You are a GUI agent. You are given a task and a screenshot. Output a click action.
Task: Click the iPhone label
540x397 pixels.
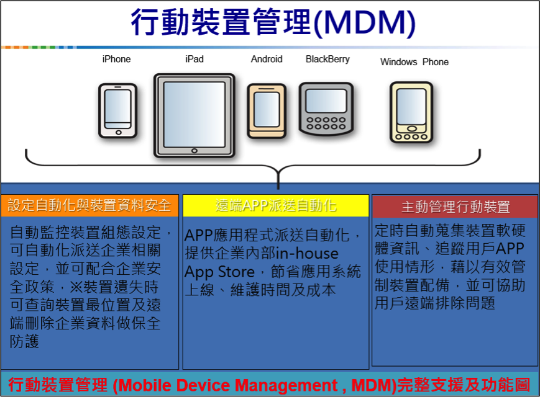pos(116,59)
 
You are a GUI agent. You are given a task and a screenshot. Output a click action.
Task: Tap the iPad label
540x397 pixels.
pos(194,59)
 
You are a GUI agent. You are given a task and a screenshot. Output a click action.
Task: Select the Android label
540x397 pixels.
pos(267,59)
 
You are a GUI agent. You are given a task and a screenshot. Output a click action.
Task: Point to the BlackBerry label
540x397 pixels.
pos(327,59)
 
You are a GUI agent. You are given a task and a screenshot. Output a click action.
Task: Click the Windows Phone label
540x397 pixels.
pos(414,62)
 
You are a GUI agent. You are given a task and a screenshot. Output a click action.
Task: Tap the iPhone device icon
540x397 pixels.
pos(117,110)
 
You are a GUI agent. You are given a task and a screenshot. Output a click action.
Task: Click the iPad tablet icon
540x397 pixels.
pos(194,115)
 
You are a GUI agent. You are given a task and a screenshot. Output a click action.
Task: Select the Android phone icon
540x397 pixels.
pos(267,110)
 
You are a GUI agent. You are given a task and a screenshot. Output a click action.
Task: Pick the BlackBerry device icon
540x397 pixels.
pos(326,109)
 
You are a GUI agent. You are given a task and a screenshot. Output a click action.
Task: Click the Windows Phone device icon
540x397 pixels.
pos(411,112)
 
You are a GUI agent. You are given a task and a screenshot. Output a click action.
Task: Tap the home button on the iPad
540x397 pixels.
pos(194,150)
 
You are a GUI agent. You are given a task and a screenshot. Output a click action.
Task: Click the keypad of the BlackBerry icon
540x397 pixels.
pos(326,122)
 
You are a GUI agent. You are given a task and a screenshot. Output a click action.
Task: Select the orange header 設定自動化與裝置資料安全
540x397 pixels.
pos(89,205)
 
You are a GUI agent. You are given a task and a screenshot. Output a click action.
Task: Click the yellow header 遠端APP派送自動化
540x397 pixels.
pos(276,206)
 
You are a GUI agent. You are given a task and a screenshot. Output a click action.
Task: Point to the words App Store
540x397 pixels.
pos(219,272)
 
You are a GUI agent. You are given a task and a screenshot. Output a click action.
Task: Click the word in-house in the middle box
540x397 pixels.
pos(308,254)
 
